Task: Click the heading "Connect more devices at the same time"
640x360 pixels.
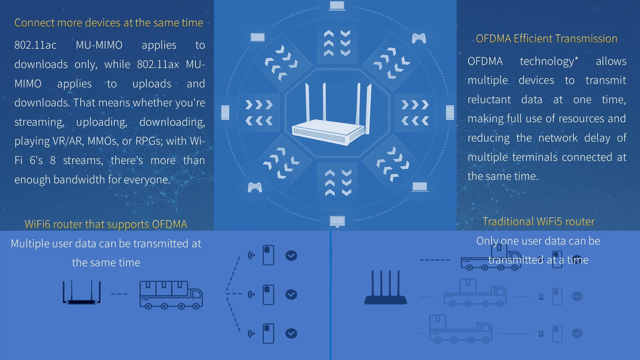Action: [x=109, y=23]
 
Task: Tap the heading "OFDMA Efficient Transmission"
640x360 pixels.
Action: [x=546, y=39]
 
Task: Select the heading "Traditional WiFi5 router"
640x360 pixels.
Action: [x=538, y=222]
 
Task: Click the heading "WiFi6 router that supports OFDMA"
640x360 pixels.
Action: [x=106, y=224]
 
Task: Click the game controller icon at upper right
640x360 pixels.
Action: [x=419, y=38]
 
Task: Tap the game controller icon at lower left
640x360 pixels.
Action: [x=255, y=187]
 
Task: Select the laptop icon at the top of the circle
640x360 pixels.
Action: [x=337, y=6]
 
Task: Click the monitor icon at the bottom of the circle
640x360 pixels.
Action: [x=337, y=221]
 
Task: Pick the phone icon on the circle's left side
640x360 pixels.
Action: [x=225, y=112]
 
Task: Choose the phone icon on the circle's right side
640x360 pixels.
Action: [x=450, y=112]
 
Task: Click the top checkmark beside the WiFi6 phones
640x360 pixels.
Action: [x=291, y=256]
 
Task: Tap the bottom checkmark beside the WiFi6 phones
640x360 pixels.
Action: [x=291, y=334]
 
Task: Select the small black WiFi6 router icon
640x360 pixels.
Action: [x=82, y=293]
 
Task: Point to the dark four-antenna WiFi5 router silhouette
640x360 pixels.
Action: [x=385, y=288]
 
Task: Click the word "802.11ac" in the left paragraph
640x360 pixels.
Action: [x=35, y=45]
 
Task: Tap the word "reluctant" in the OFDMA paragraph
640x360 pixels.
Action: [x=489, y=100]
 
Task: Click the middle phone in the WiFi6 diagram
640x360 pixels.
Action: [x=268, y=295]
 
